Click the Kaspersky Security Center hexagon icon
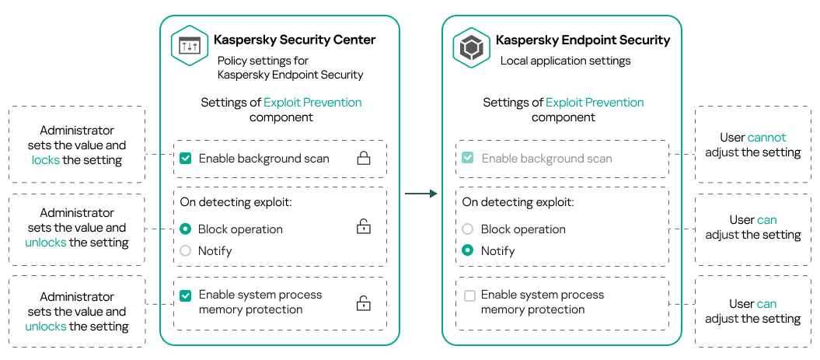[190, 47]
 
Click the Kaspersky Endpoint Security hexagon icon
[472, 47]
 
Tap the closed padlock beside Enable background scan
[363, 159]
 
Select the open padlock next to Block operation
[363, 227]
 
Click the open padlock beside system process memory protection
[363, 303]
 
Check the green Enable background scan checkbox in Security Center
[185, 159]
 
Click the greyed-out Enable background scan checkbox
[467, 159]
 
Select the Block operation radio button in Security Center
[185, 229]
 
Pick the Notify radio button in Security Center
[185, 251]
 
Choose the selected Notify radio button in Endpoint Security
[467, 251]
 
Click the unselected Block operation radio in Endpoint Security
[467, 229]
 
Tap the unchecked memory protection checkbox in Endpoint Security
[469, 295]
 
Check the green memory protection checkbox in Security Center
[185, 295]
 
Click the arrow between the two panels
[421, 194]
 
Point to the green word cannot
[766, 138]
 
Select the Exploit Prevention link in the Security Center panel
[312, 103]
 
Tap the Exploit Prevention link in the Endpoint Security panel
[595, 103]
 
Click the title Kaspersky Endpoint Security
[583, 40]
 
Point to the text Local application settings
[565, 61]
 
